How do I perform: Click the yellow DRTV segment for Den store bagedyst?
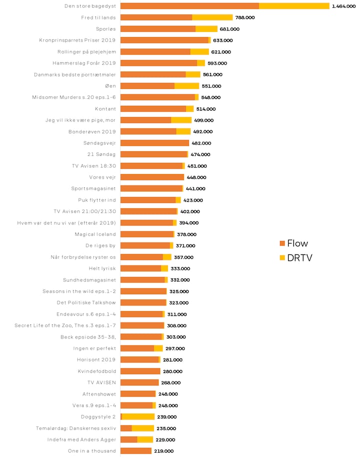[x=294, y=6]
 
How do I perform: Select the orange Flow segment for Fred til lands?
[x=156, y=17]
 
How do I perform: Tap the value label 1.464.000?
[x=344, y=6]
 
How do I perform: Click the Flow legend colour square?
[x=282, y=243]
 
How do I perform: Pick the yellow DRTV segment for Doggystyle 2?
[x=138, y=416]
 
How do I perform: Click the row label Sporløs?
[x=105, y=29]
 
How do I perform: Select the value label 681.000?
[x=229, y=29]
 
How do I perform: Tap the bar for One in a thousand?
[x=136, y=451]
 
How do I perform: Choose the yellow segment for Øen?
[x=186, y=86]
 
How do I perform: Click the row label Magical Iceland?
[x=95, y=234]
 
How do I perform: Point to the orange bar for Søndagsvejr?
[x=154, y=143]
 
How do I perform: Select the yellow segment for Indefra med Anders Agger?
[x=145, y=439]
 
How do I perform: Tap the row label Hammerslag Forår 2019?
[x=84, y=63]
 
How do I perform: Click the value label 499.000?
[x=203, y=120]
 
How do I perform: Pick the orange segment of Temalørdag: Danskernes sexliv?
[x=126, y=428]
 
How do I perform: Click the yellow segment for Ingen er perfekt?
[x=158, y=348]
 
